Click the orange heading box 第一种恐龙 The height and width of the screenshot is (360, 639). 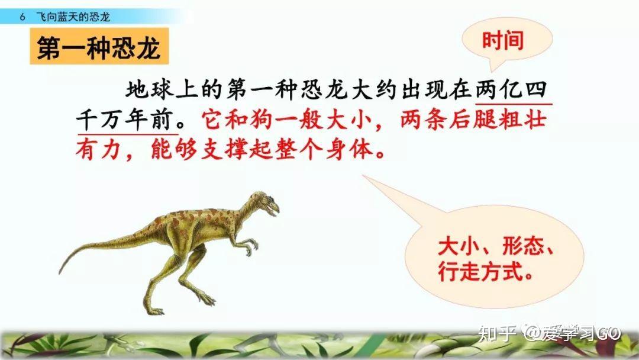pyautogui.click(x=99, y=46)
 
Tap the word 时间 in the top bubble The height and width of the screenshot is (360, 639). pyautogui.click(x=502, y=41)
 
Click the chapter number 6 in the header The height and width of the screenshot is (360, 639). pyautogui.click(x=22, y=17)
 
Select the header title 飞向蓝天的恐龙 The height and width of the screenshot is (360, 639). pyautogui.click(x=73, y=17)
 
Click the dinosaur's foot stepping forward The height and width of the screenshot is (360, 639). pyautogui.click(x=206, y=300)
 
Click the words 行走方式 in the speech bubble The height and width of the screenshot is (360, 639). pyautogui.click(x=481, y=271)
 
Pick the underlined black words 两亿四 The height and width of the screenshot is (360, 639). pyautogui.click(x=511, y=90)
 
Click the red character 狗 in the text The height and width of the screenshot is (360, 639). pyautogui.click(x=262, y=120)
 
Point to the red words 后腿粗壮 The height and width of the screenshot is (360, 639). pyautogui.click(x=498, y=120)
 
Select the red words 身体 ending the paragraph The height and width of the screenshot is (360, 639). pyautogui.click(x=350, y=150)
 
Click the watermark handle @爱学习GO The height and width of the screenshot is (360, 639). pyautogui.click(x=572, y=333)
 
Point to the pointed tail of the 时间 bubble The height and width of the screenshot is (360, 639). pyautogui.click(x=491, y=70)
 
